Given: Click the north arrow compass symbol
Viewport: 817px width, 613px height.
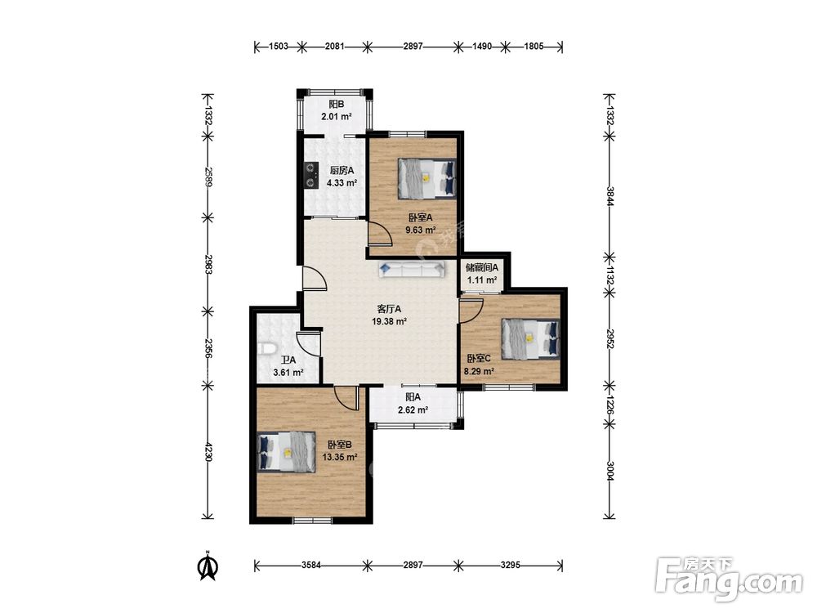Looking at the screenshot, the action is point(208,566).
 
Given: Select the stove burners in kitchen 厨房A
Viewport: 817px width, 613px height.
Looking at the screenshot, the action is point(311,175).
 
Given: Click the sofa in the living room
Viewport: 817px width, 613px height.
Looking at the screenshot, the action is point(412,268).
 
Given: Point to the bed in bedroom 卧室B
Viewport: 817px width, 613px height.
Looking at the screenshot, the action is point(287,452).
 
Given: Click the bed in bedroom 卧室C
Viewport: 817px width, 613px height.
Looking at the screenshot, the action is point(530,339).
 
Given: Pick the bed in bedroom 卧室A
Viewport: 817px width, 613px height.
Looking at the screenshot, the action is point(426,178).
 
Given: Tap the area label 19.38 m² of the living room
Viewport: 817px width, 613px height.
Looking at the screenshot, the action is point(389,321).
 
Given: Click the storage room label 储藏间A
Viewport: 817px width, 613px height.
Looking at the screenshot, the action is point(482,267).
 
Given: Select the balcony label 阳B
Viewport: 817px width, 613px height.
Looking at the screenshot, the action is point(337,105).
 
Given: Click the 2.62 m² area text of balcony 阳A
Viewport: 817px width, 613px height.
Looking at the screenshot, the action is point(413,410).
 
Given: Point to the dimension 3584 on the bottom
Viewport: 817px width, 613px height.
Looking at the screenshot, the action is point(311,565).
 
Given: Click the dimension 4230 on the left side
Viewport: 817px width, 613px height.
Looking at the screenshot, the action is point(208,452).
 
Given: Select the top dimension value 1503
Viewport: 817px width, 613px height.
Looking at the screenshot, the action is point(279,47).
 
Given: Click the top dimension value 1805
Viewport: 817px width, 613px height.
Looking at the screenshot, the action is point(534,47).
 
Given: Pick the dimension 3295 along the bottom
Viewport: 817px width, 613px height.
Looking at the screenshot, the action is point(510,565).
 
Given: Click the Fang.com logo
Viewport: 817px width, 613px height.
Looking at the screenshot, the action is point(730,579).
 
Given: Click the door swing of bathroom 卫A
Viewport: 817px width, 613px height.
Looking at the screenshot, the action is point(308,344).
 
